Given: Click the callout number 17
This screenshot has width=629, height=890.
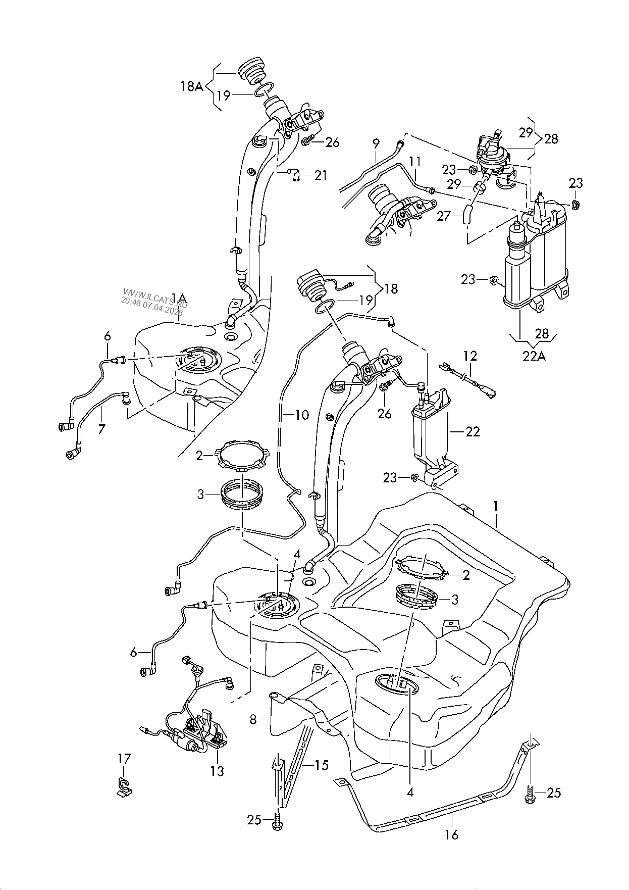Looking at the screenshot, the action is click(x=124, y=758).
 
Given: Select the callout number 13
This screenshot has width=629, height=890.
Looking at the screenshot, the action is click(x=218, y=771).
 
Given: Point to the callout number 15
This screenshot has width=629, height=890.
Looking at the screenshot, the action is click(x=321, y=765).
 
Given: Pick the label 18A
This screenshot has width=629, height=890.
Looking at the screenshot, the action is click(x=192, y=87).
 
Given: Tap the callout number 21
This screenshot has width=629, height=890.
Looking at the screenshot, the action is click(x=321, y=175).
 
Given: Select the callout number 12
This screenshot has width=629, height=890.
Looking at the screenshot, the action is click(x=470, y=356).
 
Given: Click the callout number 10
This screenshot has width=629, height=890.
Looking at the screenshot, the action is click(x=301, y=415).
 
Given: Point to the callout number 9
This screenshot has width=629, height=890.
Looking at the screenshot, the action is click(x=376, y=144).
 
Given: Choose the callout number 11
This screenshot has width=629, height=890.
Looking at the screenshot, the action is click(x=415, y=162).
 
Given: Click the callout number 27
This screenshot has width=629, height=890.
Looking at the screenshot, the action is click(x=444, y=216).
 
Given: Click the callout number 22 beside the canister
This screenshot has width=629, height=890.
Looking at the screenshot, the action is click(x=473, y=432).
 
